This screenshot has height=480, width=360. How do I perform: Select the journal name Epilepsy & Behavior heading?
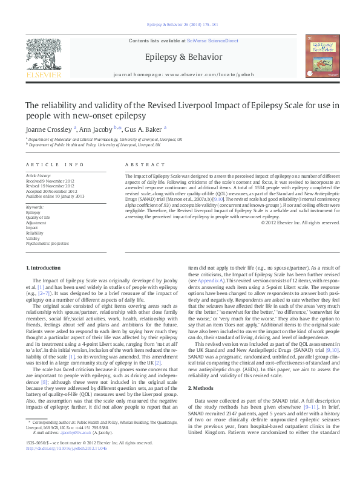[180, 56]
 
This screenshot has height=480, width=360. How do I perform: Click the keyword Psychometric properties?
[47, 244]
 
